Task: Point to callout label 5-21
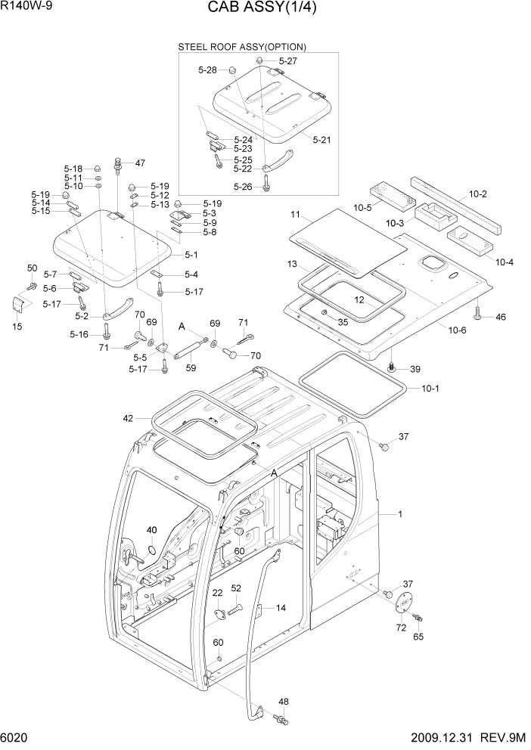click(x=321, y=140)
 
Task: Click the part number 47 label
click(x=139, y=163)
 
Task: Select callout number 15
click(x=18, y=326)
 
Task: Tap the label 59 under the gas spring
click(x=191, y=368)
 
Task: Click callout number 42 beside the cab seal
click(x=128, y=417)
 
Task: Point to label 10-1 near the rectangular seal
click(x=430, y=389)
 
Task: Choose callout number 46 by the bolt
click(x=500, y=318)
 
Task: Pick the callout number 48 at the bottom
click(x=284, y=702)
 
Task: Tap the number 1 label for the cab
click(x=400, y=514)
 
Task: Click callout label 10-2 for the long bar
click(x=477, y=194)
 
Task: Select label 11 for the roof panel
click(x=295, y=215)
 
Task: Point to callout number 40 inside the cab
click(x=152, y=530)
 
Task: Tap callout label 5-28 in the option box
click(x=207, y=70)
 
